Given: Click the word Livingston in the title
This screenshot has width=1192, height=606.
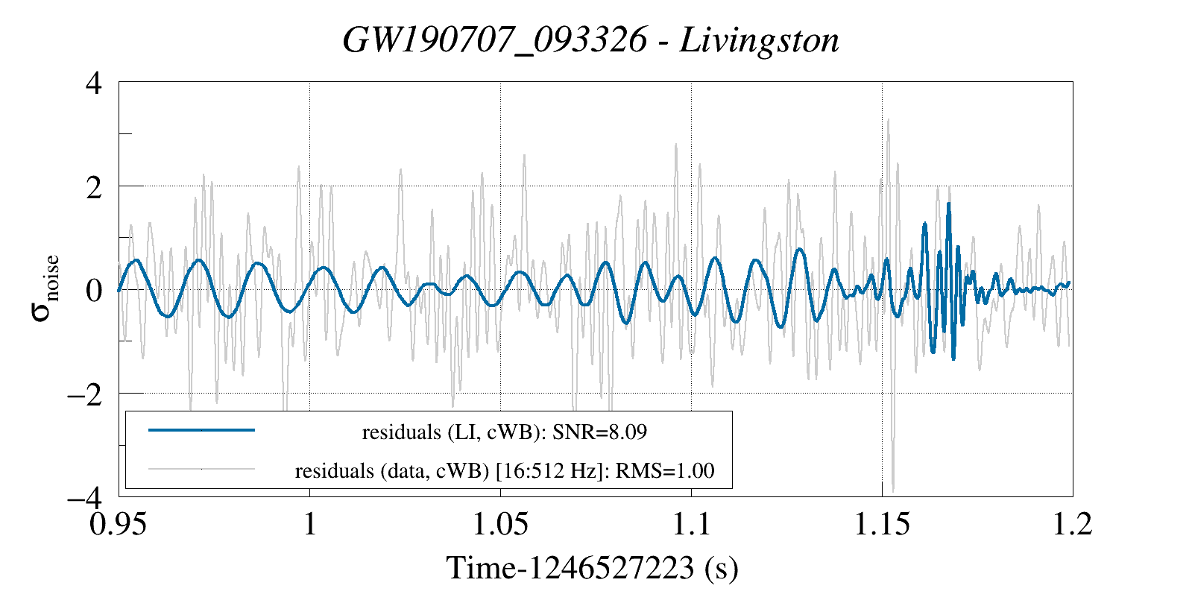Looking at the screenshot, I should click(760, 40).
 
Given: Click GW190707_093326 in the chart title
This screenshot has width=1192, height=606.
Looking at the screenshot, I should click(494, 40).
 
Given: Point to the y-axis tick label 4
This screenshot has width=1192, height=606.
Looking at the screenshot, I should click(93, 83).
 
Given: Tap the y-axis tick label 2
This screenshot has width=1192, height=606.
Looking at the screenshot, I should click(93, 186).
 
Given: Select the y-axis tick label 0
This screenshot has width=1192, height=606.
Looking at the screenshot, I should click(93, 290).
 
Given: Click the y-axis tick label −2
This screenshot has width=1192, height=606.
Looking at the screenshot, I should click(83, 394).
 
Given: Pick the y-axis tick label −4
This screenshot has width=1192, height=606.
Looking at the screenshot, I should click(83, 496).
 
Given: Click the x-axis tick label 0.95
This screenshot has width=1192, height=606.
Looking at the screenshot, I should click(119, 524).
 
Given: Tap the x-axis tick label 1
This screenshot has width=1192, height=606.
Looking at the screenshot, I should click(309, 524).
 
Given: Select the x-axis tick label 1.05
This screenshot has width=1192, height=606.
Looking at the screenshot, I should click(501, 524).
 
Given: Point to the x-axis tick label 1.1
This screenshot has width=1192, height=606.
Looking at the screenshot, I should click(692, 524).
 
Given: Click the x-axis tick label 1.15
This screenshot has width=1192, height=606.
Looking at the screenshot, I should click(883, 524).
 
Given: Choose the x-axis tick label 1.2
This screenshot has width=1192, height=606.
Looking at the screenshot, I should click(1073, 524).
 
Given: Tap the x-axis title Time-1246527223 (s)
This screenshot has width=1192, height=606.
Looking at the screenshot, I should click(593, 569).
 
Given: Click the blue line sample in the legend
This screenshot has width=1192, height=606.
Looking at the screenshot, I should click(202, 430).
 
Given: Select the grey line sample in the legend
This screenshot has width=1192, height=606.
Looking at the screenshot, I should click(202, 469).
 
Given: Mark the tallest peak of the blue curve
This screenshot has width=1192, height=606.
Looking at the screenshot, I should click(948, 203).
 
